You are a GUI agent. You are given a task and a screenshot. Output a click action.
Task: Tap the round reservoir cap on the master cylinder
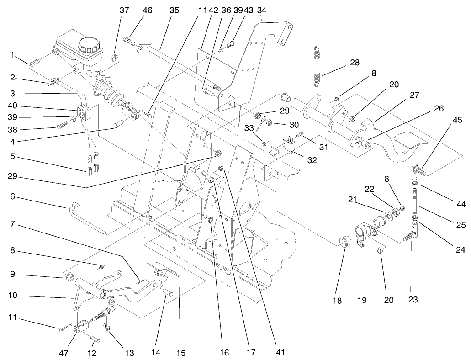(x=87, y=45)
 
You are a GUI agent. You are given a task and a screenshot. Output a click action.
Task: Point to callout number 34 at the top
(x=262, y=10)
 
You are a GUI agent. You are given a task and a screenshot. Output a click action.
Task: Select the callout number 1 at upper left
(x=13, y=55)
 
